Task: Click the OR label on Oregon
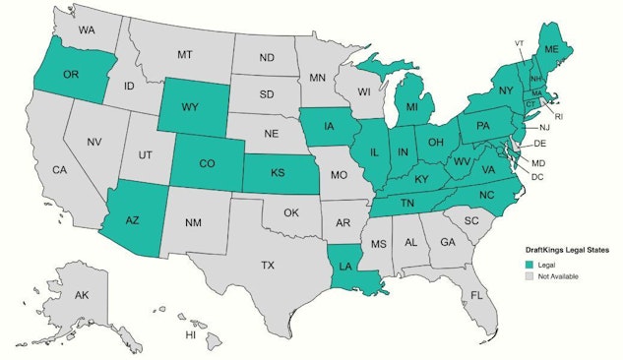pyautogui.click(x=70, y=75)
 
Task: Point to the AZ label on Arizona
pyautogui.click(x=132, y=220)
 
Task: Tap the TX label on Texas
pyautogui.click(x=267, y=266)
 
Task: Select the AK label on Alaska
pyautogui.click(x=82, y=295)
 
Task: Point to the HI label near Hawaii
pyautogui.click(x=191, y=334)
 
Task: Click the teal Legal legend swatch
pyautogui.click(x=529, y=265)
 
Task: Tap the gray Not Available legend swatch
pyautogui.click(x=529, y=276)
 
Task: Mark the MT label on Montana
pyautogui.click(x=184, y=56)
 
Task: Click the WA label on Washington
pyautogui.click(x=87, y=30)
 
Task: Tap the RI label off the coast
pyautogui.click(x=558, y=116)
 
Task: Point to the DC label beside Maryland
pyautogui.click(x=536, y=176)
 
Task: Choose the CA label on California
pyautogui.click(x=59, y=170)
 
